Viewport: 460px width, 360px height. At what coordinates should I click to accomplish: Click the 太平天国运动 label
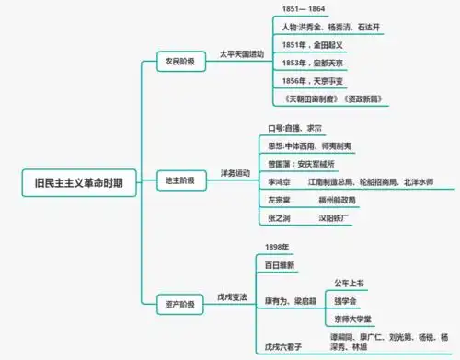[240, 54]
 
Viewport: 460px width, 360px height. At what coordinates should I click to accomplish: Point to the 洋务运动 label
[236, 172]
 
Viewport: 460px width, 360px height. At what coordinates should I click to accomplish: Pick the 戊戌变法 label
[232, 296]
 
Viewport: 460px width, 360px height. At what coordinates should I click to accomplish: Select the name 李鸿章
[279, 182]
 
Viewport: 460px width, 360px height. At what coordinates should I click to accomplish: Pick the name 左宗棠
[279, 200]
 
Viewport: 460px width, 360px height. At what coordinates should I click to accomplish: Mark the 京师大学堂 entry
[356, 318]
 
